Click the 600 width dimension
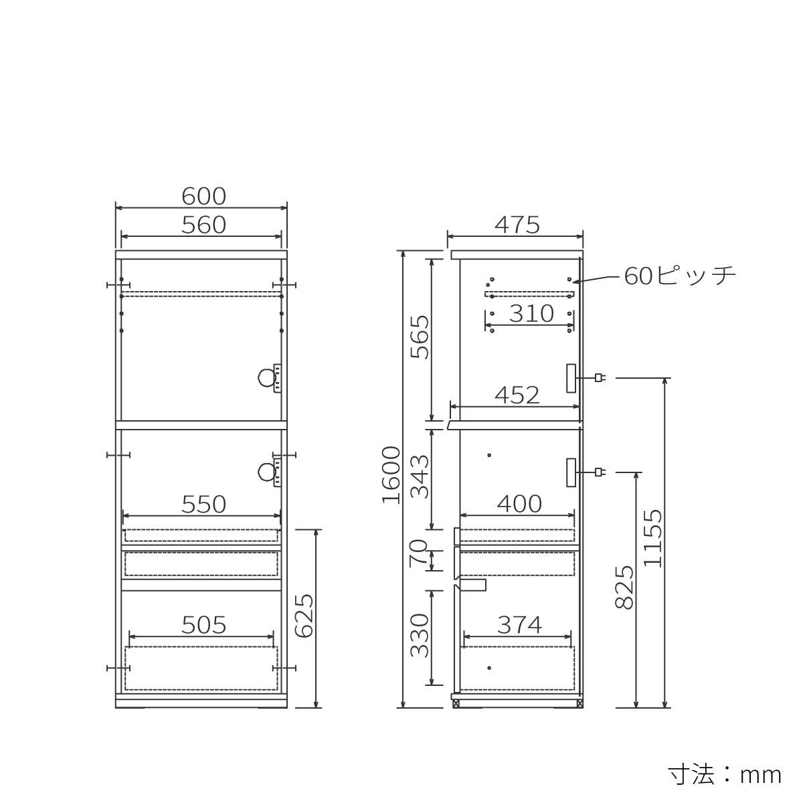[204, 196]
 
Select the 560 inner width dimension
[204, 225]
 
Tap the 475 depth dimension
[517, 225]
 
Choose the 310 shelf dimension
[531, 314]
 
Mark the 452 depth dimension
[517, 395]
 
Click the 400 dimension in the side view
[519, 505]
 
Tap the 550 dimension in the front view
[204, 505]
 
